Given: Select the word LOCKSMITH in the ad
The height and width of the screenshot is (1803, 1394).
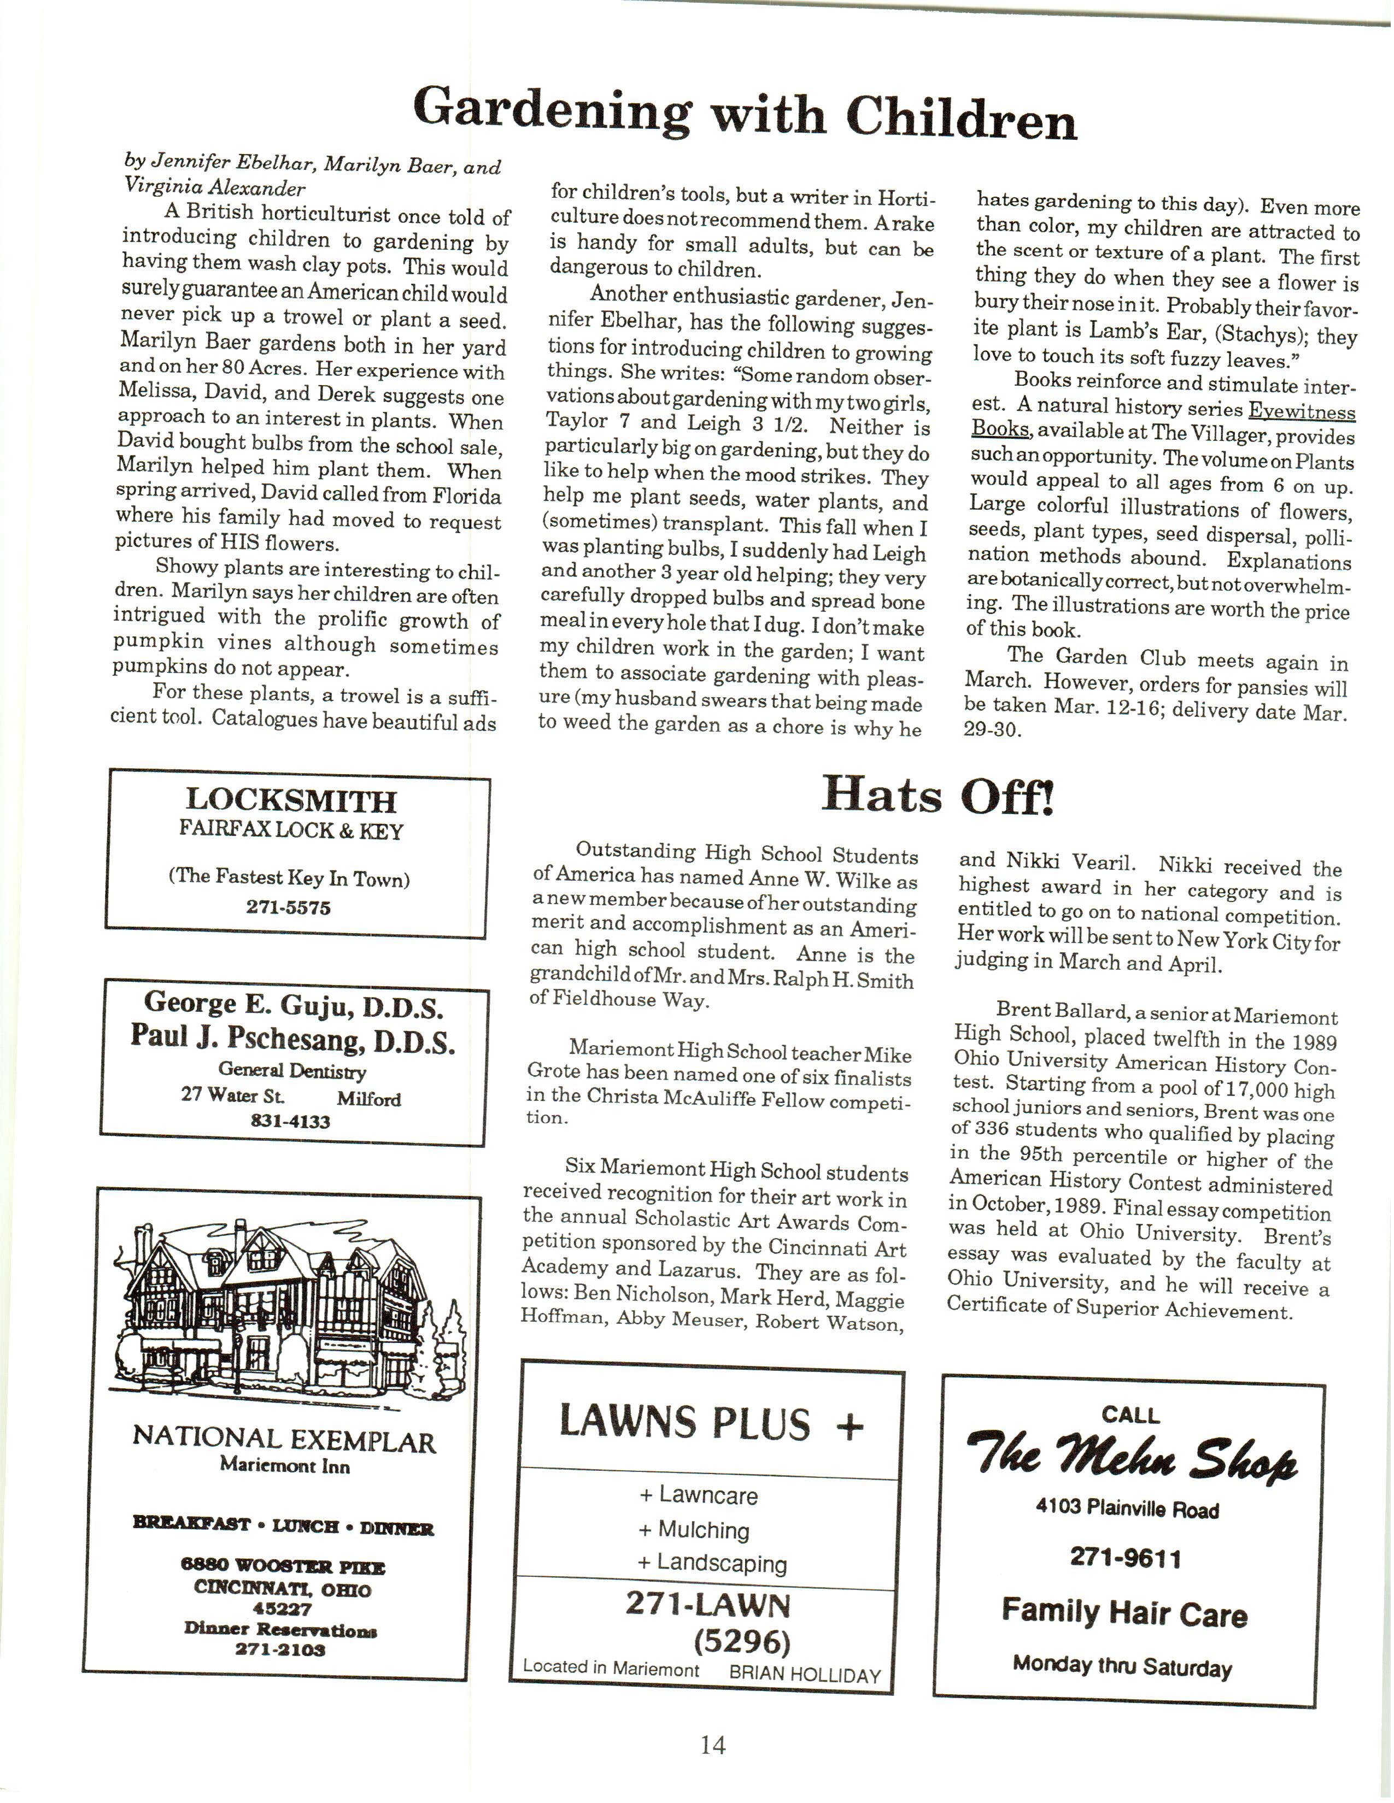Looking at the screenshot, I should coord(291,800).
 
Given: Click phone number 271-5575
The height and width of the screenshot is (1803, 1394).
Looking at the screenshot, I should coord(288,908).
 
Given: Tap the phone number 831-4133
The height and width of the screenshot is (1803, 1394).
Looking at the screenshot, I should coord(290,1121).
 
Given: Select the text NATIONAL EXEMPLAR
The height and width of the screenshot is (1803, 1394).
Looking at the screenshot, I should coord(284,1441).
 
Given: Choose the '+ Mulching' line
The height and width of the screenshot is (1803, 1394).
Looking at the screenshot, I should coord(694,1530).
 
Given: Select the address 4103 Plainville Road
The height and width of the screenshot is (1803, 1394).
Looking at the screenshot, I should coord(1127,1510).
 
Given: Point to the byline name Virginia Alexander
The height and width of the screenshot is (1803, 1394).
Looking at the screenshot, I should coord(215,187).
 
